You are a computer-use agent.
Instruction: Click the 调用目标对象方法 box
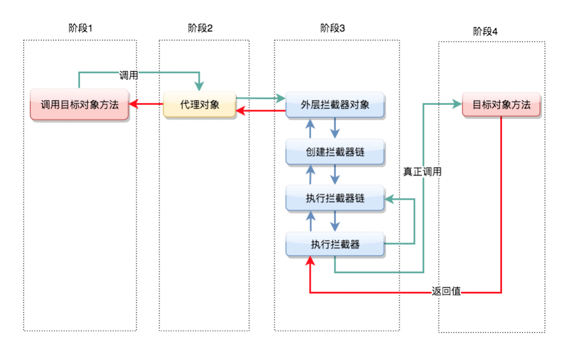click(x=80, y=104)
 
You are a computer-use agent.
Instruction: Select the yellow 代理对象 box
click(x=200, y=104)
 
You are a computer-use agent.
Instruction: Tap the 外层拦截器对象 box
click(x=335, y=105)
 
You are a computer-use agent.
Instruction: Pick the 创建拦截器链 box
click(x=335, y=152)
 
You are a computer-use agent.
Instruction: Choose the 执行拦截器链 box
click(x=335, y=198)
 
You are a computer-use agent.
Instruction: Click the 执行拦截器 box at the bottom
click(x=335, y=244)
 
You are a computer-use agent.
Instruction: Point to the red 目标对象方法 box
click(x=501, y=104)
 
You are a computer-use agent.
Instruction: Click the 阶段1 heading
click(x=80, y=28)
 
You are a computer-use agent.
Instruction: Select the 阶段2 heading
click(x=200, y=28)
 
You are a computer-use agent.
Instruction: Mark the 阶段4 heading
click(x=485, y=32)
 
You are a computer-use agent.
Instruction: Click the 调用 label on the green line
click(x=129, y=75)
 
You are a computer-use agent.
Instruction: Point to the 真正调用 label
click(x=422, y=172)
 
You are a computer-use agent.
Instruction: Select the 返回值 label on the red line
click(x=447, y=292)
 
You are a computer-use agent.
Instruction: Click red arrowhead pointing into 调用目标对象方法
click(x=133, y=104)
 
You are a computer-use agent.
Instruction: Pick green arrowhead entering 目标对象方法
click(x=457, y=104)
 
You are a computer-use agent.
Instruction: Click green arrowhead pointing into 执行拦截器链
click(x=389, y=198)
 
